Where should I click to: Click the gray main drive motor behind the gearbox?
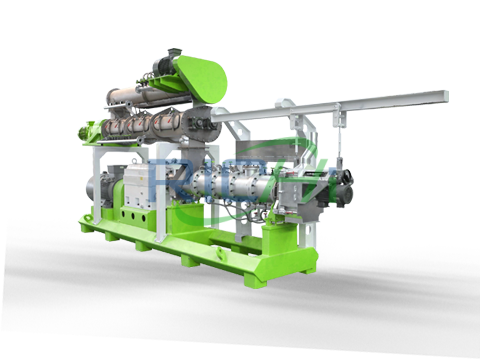pos(108,184)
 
